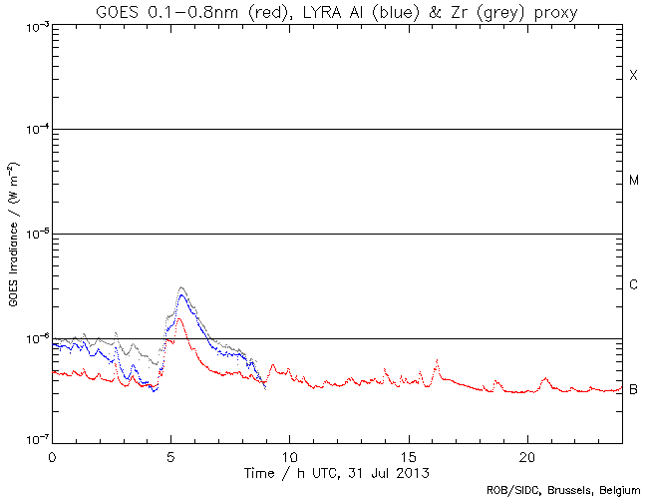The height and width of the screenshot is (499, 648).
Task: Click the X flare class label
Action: click(x=633, y=76)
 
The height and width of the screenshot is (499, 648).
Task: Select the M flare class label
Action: click(x=633, y=181)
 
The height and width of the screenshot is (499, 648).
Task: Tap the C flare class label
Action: click(x=633, y=285)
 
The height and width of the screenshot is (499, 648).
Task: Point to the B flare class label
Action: click(x=633, y=389)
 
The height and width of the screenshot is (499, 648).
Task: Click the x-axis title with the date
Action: click(x=339, y=470)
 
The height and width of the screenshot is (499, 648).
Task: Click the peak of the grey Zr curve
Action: click(x=180, y=287)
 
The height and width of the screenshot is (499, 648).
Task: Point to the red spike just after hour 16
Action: click(x=436, y=360)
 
